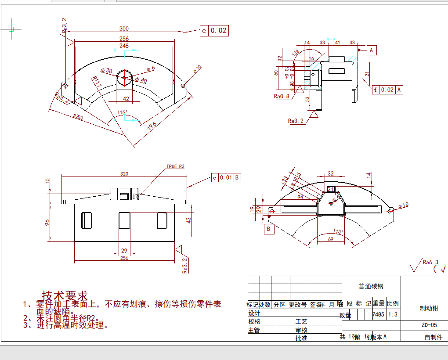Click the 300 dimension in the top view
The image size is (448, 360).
124,29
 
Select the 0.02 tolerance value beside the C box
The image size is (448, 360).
219,30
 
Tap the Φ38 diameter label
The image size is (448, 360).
106,71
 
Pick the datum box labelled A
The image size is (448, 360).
372,50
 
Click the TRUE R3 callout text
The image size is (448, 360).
175,166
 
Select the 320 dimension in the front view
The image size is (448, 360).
124,174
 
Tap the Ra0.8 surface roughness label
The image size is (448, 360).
282,96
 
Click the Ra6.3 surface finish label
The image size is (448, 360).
430,262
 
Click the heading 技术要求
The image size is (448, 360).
65,295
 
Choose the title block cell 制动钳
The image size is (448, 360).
429,308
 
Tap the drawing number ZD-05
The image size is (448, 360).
429,325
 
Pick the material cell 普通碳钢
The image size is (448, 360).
371,286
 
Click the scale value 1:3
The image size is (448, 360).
393,314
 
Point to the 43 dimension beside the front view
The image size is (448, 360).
189,220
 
